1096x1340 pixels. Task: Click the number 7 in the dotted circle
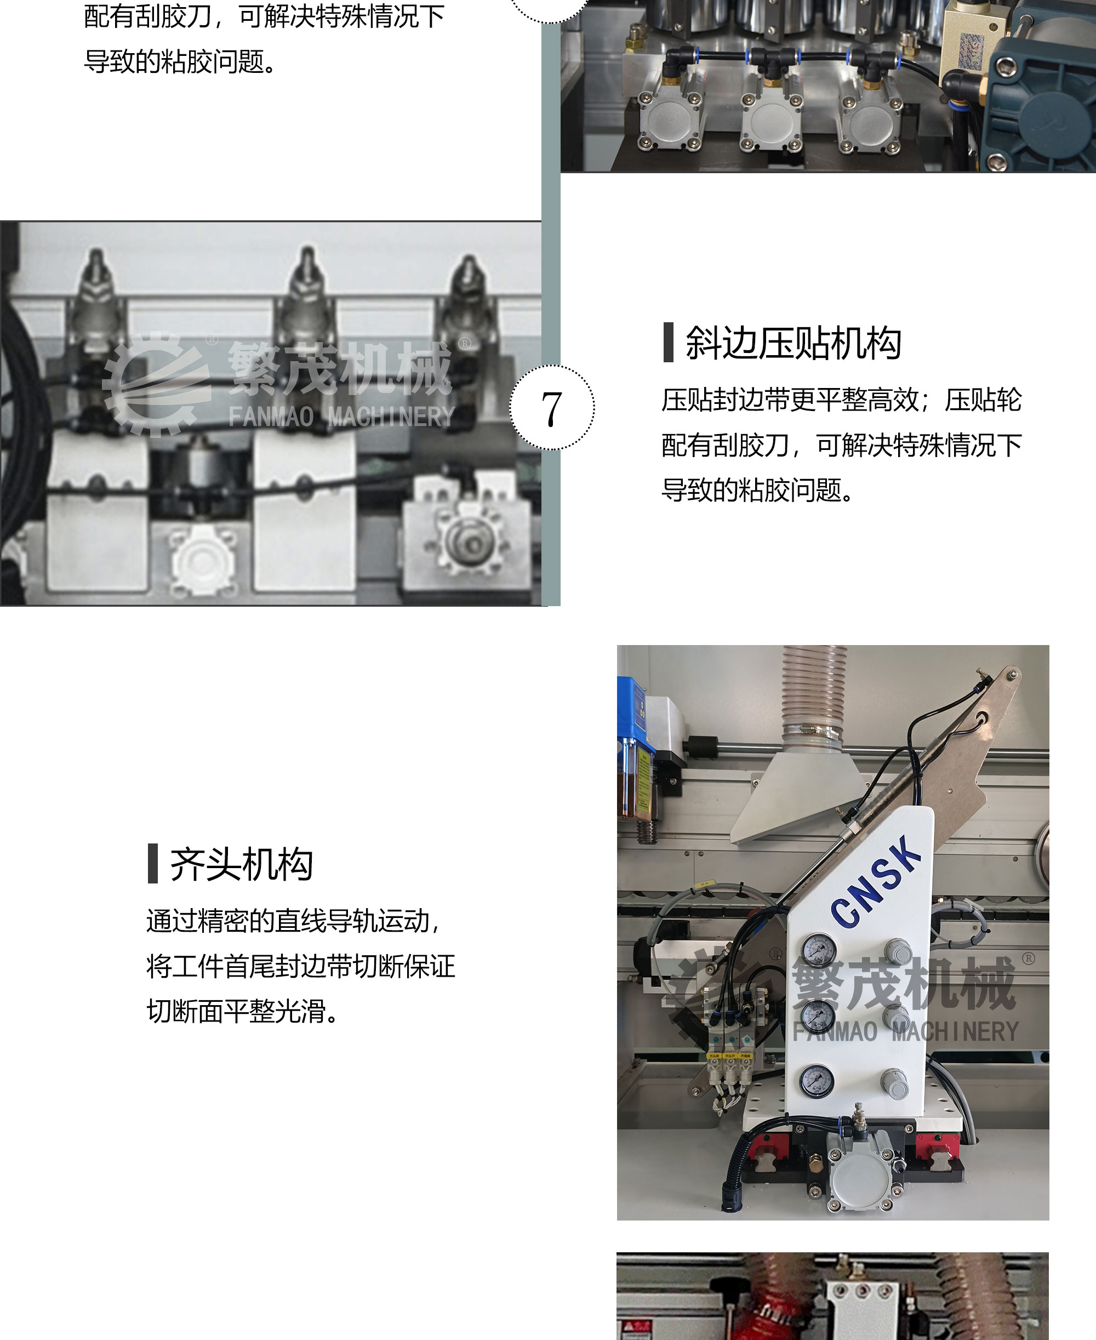(x=552, y=408)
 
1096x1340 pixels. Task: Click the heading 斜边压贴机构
(x=793, y=343)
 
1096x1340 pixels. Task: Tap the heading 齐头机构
(x=241, y=864)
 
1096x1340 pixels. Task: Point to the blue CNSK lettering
(x=876, y=881)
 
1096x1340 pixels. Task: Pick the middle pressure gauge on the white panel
(x=818, y=1016)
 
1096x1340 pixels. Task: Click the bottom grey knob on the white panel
(x=894, y=1082)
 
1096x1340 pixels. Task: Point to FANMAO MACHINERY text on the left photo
(x=341, y=417)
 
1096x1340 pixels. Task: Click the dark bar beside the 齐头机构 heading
(x=153, y=863)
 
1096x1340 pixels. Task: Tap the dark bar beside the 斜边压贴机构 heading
(x=669, y=343)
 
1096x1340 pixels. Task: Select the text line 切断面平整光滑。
(x=244, y=1011)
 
